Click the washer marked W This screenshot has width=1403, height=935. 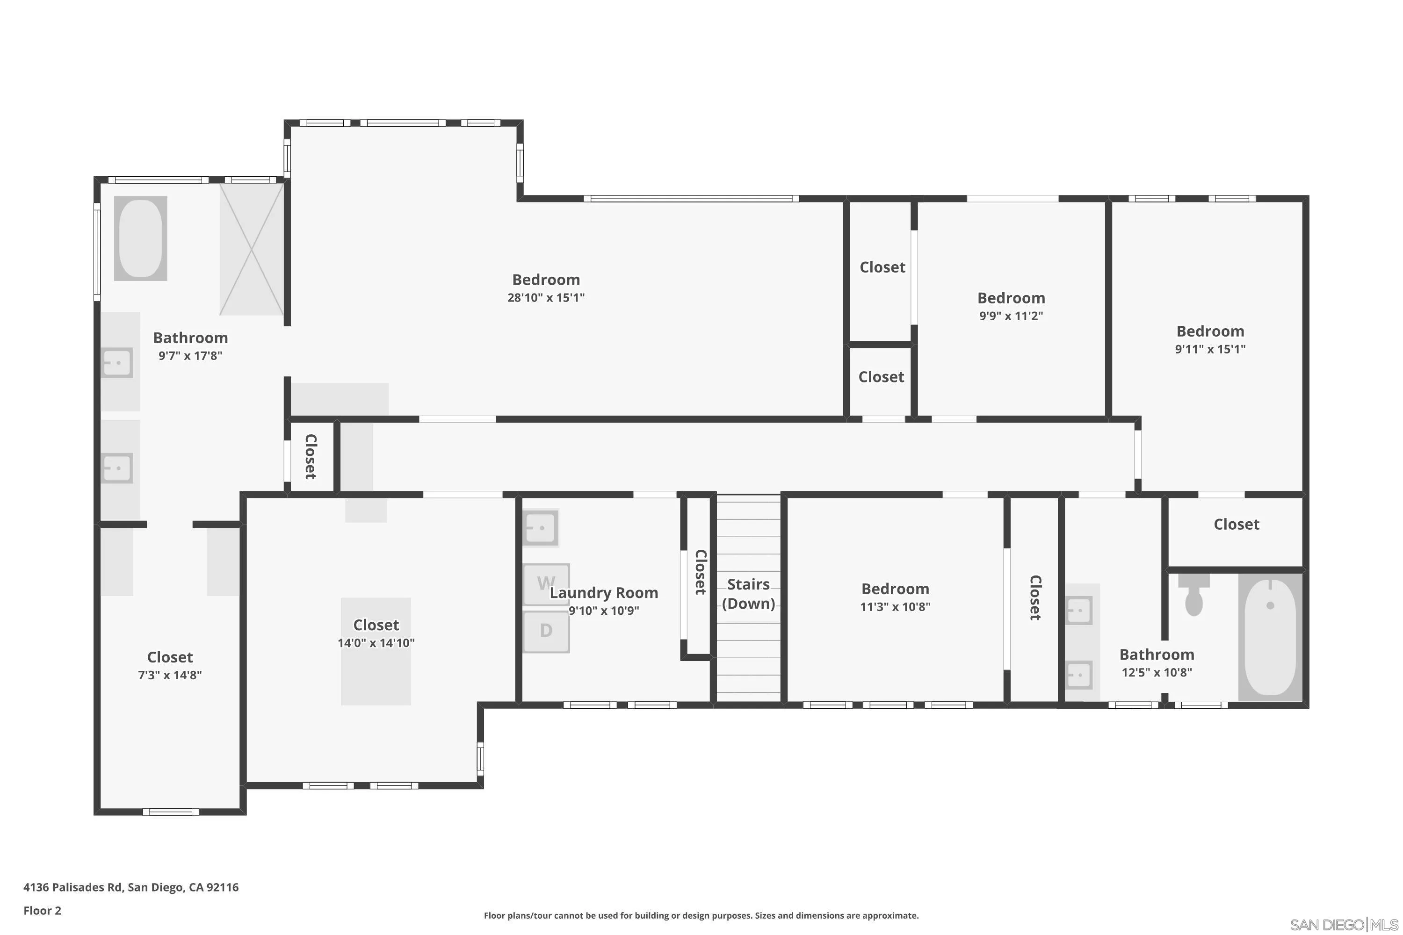coord(546,584)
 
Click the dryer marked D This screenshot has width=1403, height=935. coord(546,631)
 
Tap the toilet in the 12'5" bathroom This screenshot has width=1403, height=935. coord(1193,597)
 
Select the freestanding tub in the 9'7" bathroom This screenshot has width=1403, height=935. coord(140,238)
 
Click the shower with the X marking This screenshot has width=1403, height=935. coord(251,249)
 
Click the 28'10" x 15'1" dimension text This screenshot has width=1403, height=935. coord(546,297)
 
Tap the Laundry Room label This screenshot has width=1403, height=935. coord(604,593)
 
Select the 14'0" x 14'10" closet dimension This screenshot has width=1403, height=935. coord(376,643)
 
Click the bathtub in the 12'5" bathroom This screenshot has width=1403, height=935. coord(1270,637)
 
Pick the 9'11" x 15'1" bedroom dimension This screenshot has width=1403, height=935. coord(1210,349)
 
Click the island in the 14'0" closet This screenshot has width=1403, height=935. coord(376,674)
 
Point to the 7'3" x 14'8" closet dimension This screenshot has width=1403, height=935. coord(170,675)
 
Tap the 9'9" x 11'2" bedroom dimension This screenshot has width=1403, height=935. coord(1011,316)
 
